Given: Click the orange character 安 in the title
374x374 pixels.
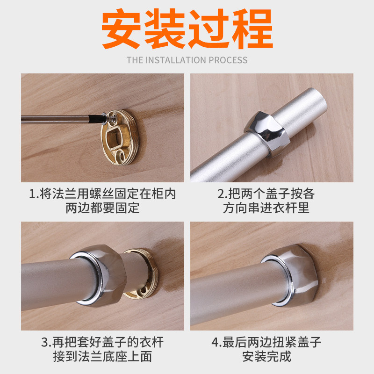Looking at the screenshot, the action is [x=121, y=29].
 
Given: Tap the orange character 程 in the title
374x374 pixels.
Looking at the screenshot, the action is [x=252, y=29].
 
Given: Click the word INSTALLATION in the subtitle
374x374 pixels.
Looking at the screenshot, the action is [x=176, y=60].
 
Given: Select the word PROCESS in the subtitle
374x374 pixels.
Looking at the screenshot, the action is [x=228, y=60].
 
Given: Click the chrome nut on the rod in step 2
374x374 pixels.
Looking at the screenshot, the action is [x=267, y=134].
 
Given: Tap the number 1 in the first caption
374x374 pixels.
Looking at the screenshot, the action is [x=32, y=194].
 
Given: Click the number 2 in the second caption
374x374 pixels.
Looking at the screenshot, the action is [x=221, y=194].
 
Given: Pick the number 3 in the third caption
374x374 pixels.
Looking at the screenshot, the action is [x=45, y=342].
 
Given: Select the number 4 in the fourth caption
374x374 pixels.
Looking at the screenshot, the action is [x=215, y=342].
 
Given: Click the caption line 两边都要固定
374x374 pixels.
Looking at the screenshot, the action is [x=102, y=208].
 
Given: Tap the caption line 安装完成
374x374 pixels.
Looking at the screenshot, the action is [x=266, y=357].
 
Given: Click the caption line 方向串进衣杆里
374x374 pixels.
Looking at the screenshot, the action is [x=266, y=208].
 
